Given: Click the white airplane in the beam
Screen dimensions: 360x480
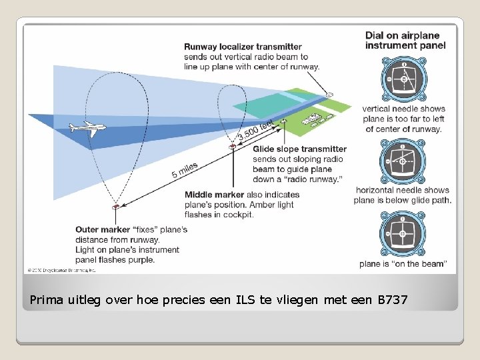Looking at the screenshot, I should pos(87,127).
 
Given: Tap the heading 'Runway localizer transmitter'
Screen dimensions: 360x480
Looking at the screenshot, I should pos(243,47).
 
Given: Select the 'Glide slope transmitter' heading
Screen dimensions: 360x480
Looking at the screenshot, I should pos(300,149).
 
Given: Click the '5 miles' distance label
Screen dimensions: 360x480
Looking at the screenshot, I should pos(185,170).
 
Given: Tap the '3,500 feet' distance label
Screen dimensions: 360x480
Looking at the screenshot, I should pos(256,130).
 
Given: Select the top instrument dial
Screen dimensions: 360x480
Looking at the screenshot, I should pos(403,78).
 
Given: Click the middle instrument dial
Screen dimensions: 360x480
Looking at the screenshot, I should pos(403,161).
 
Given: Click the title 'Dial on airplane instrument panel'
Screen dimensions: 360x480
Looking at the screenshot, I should pos(405,41).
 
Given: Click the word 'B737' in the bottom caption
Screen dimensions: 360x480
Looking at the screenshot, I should pos(393,301).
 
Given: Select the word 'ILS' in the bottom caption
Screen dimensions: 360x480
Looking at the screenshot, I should pos(245,301).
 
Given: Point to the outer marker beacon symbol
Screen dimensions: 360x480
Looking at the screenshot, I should pos(116,206).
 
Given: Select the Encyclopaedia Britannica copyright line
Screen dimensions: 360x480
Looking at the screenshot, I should pos(61,270).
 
